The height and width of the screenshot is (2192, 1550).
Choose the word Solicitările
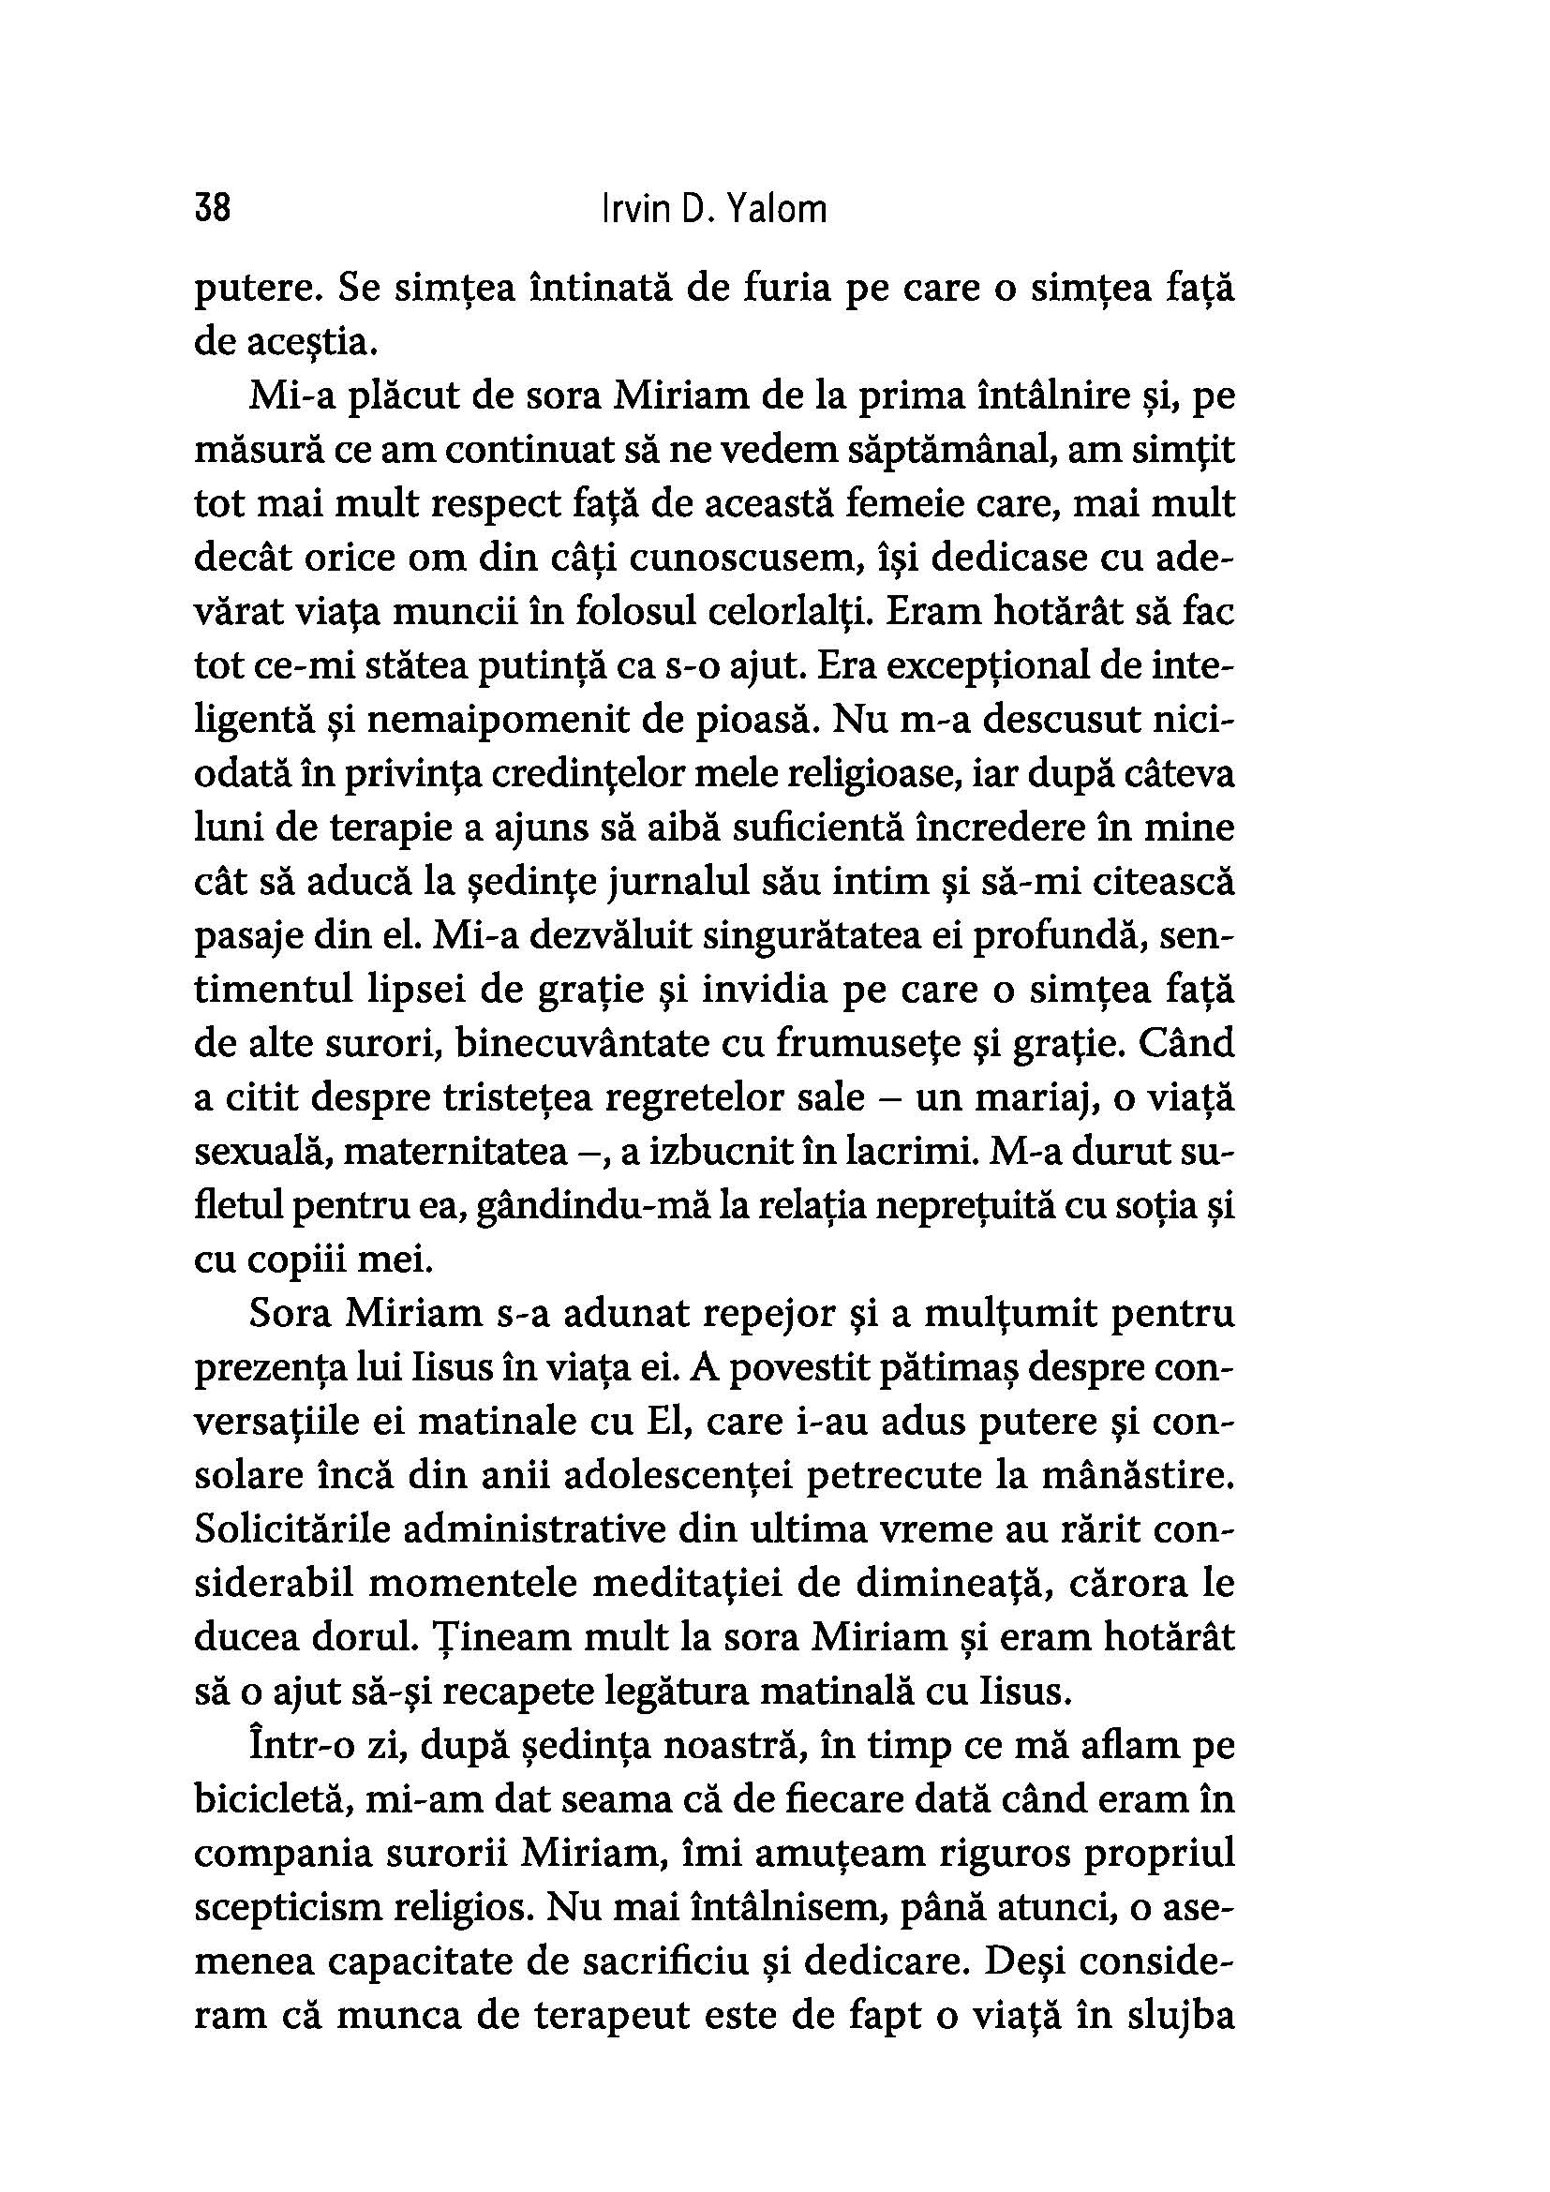[x=291, y=1528]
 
